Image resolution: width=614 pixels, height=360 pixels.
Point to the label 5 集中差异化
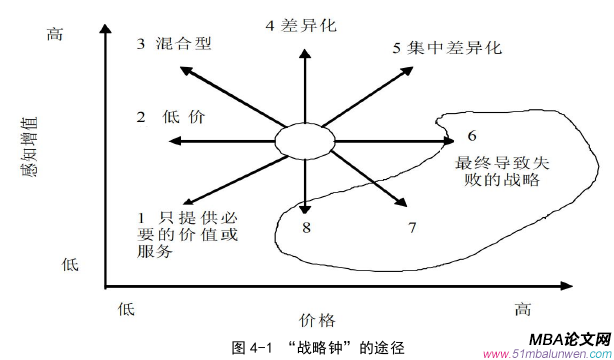447,46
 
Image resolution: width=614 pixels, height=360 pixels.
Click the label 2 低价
172,117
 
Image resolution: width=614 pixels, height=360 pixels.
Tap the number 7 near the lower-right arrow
412,228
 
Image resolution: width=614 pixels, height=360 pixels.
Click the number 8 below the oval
308,230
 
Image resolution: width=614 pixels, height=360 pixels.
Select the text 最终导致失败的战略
496,170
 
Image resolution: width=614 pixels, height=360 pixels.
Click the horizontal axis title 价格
307,319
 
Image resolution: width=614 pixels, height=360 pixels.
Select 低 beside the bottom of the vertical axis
70,264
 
